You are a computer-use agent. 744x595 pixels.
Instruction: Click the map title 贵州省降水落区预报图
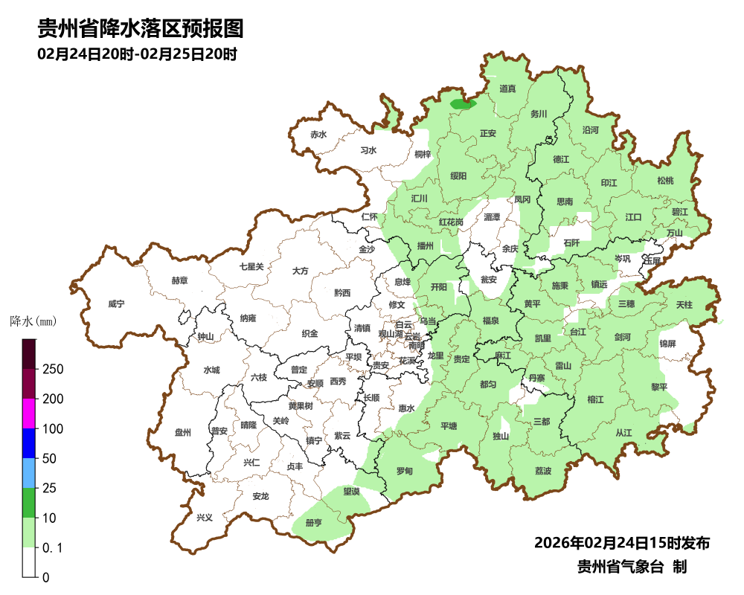click(x=141, y=30)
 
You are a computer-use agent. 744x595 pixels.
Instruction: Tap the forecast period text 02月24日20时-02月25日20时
click(x=137, y=54)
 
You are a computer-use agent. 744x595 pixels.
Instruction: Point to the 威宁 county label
click(x=116, y=304)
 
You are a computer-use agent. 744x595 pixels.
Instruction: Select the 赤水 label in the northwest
click(x=318, y=135)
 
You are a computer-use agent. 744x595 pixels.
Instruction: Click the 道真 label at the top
click(x=507, y=89)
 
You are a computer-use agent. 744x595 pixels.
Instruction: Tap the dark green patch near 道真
click(x=463, y=104)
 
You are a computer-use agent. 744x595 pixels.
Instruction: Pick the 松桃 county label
click(x=665, y=181)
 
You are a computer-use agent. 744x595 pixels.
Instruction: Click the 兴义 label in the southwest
click(x=204, y=517)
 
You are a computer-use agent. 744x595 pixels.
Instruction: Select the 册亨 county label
click(x=313, y=523)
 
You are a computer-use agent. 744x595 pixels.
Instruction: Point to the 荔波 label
click(x=543, y=472)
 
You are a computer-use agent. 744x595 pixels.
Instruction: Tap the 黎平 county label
click(x=659, y=387)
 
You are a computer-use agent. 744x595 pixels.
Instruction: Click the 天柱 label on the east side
click(x=684, y=305)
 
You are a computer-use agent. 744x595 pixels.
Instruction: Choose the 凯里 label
click(x=543, y=338)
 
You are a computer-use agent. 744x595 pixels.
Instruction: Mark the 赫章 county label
click(x=179, y=280)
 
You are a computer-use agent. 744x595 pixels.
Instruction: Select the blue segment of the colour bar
click(x=29, y=443)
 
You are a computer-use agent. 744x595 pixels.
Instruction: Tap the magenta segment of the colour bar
click(x=29, y=414)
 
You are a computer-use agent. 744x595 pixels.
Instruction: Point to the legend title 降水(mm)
click(x=33, y=322)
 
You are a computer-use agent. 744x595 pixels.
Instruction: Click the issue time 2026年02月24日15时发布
click(x=622, y=542)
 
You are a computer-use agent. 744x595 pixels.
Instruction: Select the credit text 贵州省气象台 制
click(x=632, y=567)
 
